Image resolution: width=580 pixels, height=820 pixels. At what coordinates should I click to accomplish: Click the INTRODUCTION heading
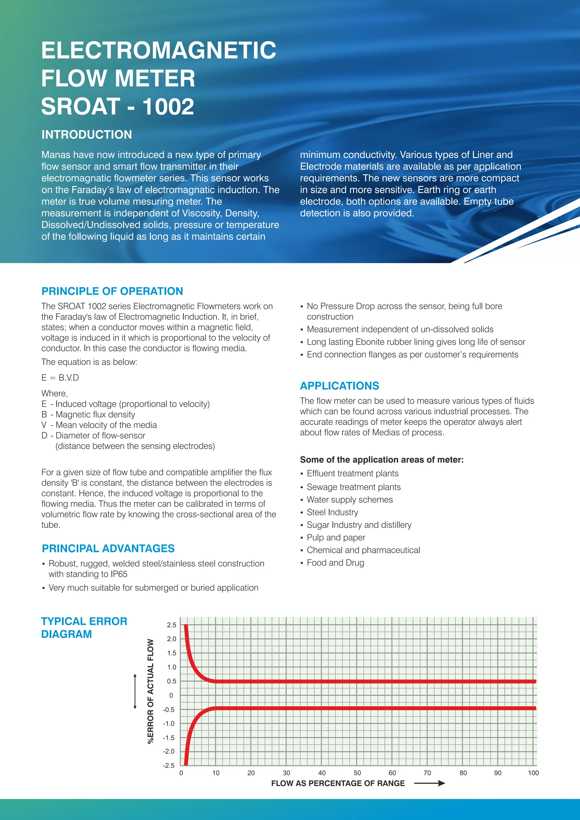(x=86, y=135)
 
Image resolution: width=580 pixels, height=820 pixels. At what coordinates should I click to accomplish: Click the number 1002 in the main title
(x=168, y=107)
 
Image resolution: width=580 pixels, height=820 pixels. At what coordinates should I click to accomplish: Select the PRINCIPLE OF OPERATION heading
(x=112, y=291)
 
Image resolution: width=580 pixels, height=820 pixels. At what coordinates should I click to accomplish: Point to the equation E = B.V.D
(x=60, y=378)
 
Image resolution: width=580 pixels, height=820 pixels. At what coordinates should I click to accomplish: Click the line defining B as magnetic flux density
(x=88, y=414)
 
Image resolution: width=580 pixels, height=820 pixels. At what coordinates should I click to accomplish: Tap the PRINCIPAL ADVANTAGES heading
(x=108, y=548)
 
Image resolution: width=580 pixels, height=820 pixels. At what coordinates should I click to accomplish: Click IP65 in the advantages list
(x=116, y=574)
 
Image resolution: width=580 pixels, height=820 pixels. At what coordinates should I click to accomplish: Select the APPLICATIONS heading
(x=339, y=386)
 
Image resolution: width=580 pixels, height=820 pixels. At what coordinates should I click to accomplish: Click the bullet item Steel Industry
(x=332, y=512)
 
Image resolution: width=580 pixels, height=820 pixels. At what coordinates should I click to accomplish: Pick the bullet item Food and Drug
(x=335, y=563)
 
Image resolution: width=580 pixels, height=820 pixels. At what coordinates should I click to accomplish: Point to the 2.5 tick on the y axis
(x=171, y=625)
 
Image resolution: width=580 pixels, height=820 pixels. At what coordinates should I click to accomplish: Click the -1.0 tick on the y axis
(x=169, y=723)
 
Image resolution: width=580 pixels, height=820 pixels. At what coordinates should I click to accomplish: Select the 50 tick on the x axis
(x=357, y=773)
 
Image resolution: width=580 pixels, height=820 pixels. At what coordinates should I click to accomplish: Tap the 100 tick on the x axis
(x=533, y=773)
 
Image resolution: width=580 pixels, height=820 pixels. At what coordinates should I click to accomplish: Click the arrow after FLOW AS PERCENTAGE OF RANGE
(x=430, y=783)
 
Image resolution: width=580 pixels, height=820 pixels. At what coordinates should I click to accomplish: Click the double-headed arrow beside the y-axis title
(x=135, y=691)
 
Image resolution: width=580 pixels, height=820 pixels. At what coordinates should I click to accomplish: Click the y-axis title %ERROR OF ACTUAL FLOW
(x=151, y=691)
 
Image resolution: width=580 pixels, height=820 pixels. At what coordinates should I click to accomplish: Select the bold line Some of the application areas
(x=381, y=460)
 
